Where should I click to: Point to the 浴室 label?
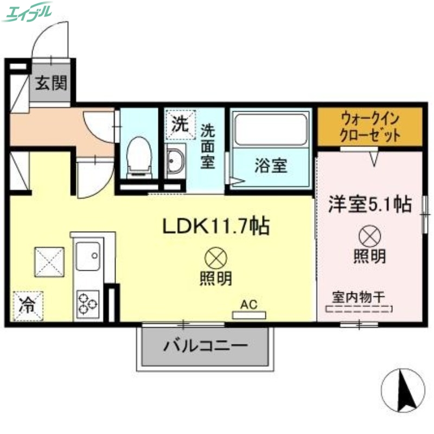click(271, 166)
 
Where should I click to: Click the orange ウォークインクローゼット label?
click(371, 126)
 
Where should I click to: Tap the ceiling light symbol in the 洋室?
click(371, 236)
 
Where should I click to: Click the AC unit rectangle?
click(249, 315)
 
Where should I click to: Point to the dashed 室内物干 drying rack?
click(359, 310)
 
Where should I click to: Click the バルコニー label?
click(205, 345)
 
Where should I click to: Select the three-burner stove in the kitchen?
click(88, 303)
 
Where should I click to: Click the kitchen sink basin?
click(88, 256)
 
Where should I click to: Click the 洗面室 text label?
click(208, 146)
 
